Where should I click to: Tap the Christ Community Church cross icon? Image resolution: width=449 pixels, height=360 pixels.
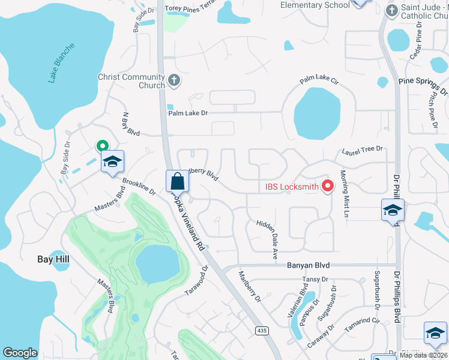tap(174, 79)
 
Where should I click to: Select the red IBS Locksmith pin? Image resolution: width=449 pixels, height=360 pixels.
tap(328, 187)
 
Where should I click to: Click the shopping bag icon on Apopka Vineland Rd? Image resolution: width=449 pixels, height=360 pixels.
tap(177, 181)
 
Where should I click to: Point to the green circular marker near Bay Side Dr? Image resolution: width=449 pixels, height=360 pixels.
tap(102, 145)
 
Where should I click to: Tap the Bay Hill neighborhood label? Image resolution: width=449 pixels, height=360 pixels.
tap(53, 259)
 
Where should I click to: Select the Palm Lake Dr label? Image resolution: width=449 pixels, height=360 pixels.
tap(188, 113)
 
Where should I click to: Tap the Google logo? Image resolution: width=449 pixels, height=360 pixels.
tap(20, 353)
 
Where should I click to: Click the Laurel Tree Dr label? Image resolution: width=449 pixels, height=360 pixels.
tap(362, 152)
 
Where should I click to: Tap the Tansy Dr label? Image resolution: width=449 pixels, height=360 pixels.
tap(316, 279)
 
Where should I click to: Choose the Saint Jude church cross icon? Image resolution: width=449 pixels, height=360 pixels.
tap(391, 10)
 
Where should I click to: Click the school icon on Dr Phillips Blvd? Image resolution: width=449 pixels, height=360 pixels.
tap(393, 210)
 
